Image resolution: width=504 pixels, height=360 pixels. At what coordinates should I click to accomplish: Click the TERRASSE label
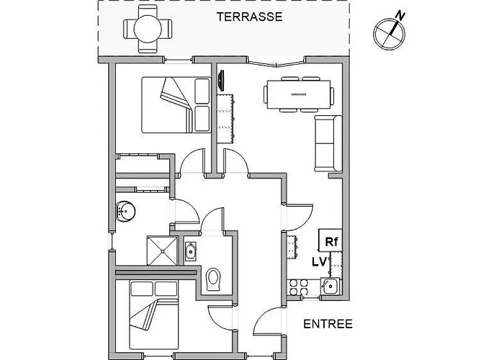249,17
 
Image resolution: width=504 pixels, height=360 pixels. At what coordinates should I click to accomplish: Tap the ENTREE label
328,324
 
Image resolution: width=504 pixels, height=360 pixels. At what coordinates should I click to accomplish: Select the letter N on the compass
400,15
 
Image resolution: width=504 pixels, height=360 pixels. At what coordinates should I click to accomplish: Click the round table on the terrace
148,29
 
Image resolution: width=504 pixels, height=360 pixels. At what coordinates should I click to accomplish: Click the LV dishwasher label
319,261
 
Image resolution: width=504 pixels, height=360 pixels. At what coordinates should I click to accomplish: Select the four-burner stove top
299,287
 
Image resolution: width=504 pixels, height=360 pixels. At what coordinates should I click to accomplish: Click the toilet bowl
213,279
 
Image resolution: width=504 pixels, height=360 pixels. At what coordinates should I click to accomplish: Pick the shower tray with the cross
162,251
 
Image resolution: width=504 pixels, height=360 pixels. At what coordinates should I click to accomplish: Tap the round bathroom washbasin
125,211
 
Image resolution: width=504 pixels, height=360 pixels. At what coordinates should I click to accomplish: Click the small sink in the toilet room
191,251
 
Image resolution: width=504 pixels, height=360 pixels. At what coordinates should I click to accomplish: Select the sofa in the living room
328,143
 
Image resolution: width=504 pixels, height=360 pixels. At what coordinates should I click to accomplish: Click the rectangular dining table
299,94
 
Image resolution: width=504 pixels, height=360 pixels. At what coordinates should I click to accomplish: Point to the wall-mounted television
220,81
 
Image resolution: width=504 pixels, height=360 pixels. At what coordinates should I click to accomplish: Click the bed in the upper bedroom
176,105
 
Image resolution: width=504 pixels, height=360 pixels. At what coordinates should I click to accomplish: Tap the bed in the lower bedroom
154,315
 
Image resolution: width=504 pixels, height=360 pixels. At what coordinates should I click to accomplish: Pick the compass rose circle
389,34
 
